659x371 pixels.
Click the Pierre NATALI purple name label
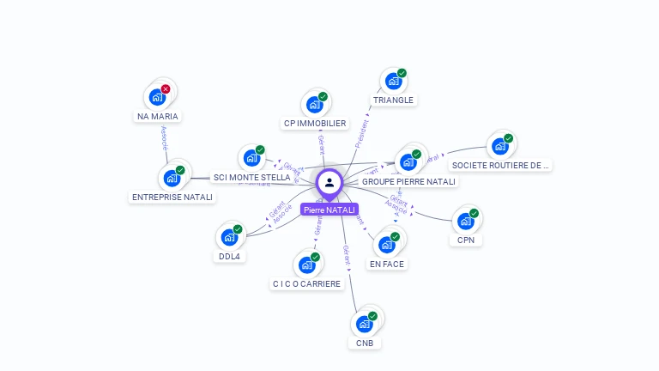[329, 210]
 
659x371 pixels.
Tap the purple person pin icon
[329, 183]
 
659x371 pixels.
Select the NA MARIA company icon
[157, 97]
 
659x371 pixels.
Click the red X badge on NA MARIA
[166, 89]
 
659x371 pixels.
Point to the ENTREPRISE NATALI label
[172, 197]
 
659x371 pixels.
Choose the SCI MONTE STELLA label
[252, 178]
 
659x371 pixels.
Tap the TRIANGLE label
[393, 100]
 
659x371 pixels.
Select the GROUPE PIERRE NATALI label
[409, 182]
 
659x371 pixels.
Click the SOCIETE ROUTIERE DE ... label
[501, 165]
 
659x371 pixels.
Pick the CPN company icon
[465, 222]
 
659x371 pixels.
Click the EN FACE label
[386, 264]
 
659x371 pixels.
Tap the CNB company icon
[364, 325]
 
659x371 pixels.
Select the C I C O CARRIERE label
[306, 283]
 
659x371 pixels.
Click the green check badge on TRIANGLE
[402, 73]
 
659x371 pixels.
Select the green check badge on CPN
[474, 214]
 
